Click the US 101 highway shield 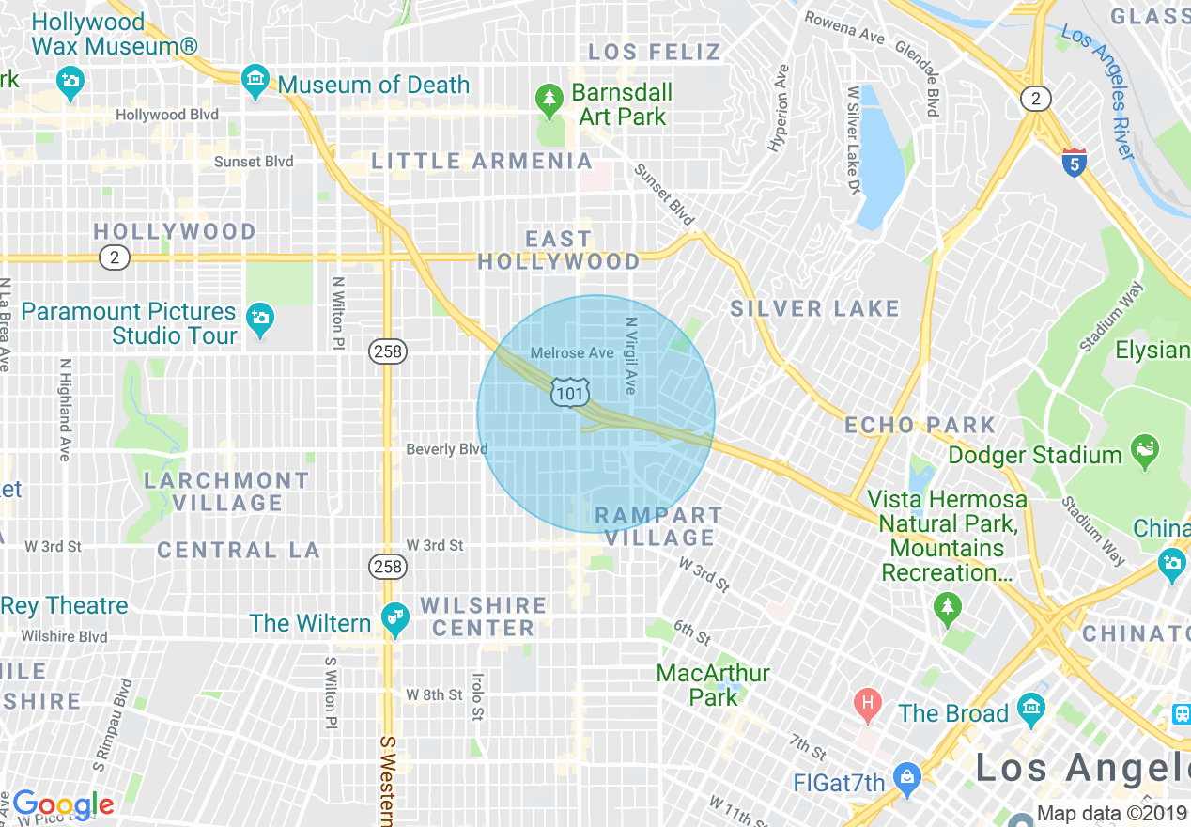coord(570,393)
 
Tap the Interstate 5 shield coord(1075,161)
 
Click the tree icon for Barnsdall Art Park coord(549,98)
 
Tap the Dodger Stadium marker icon coord(1144,448)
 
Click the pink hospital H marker coord(868,701)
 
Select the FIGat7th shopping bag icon coord(906,776)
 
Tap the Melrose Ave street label coord(572,352)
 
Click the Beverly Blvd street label coord(447,449)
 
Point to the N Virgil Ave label coord(631,354)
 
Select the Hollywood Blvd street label coord(167,115)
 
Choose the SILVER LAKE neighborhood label coord(815,308)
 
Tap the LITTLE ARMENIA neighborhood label coord(482,161)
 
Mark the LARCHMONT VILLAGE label coord(226,492)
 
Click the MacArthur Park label coord(713,685)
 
